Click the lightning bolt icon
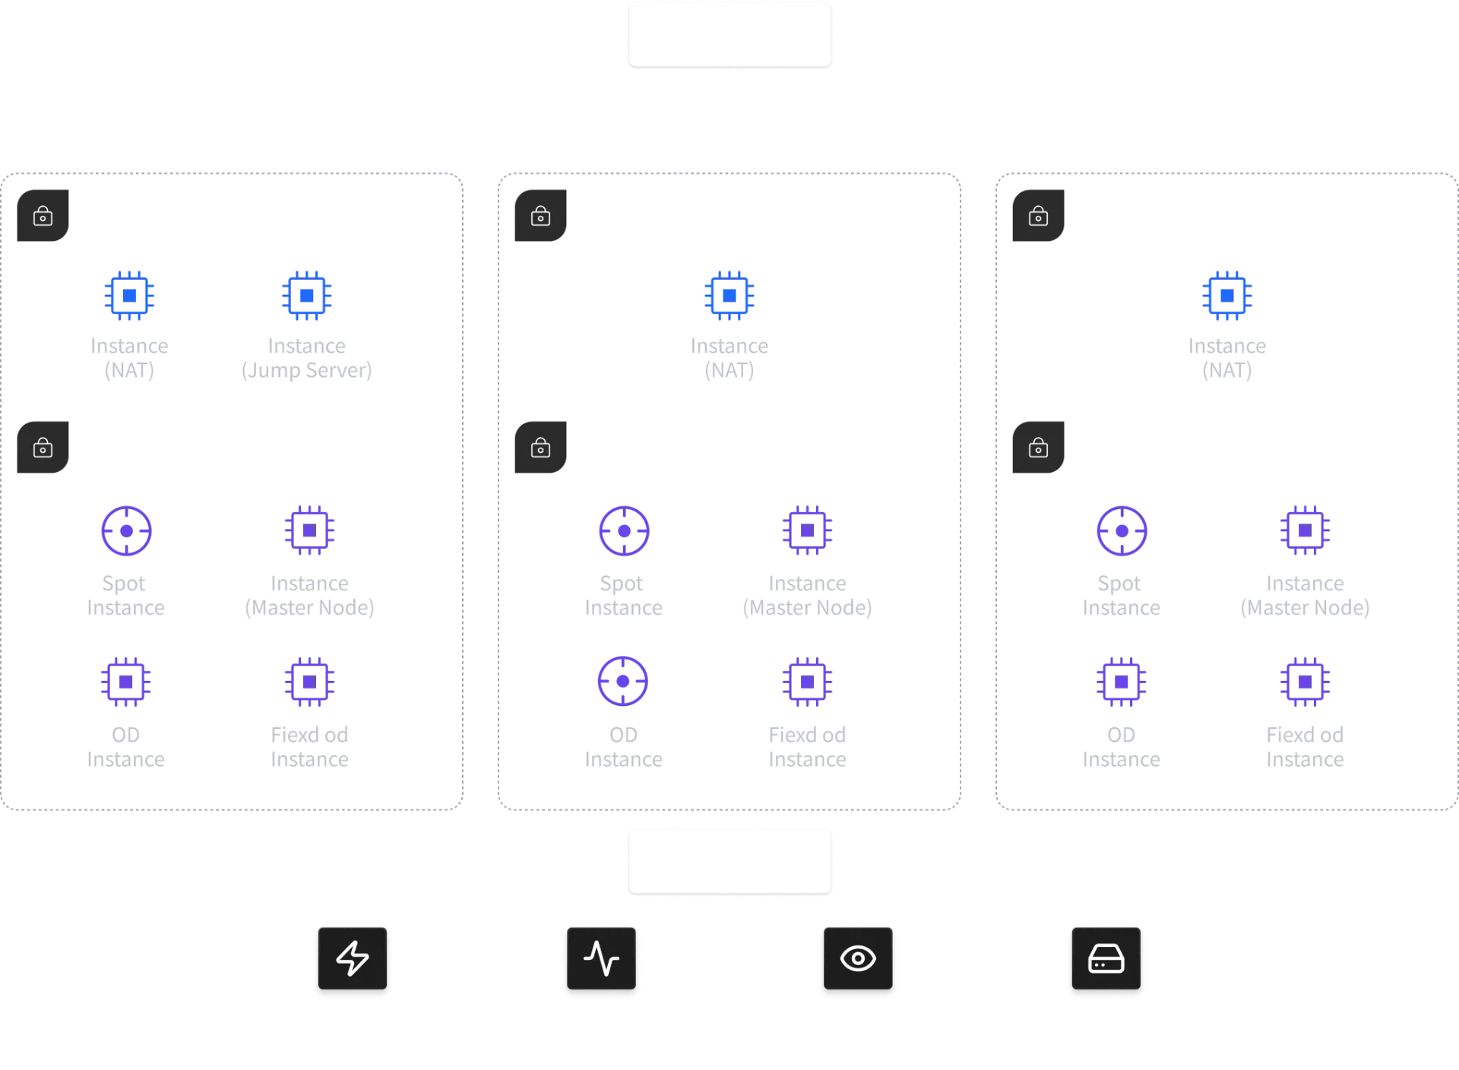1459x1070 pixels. (x=353, y=958)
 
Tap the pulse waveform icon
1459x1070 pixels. (x=601, y=958)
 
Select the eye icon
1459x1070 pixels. (x=858, y=958)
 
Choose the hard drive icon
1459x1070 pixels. (x=1106, y=959)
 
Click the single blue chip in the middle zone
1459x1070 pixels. (x=729, y=294)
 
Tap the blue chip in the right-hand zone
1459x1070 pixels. (x=1226, y=294)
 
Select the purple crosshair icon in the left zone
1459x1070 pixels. (x=125, y=530)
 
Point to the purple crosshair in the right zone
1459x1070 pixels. (x=1121, y=530)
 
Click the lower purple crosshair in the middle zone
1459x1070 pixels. (x=623, y=682)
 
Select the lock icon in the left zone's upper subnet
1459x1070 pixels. (x=43, y=217)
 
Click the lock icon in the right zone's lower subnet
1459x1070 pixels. (x=1038, y=448)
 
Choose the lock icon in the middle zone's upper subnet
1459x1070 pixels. (x=540, y=217)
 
